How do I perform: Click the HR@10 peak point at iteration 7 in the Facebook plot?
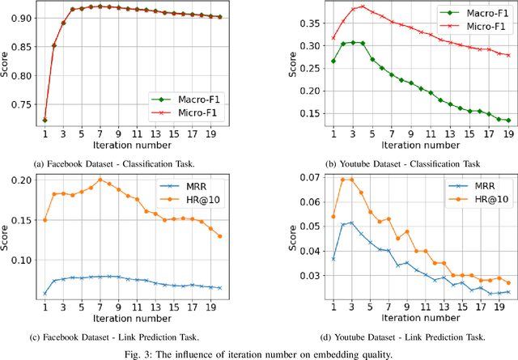tap(100, 180)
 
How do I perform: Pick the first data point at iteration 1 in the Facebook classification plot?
tap(45, 120)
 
